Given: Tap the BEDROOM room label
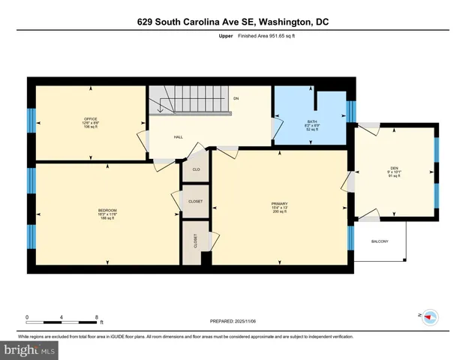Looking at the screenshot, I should pyautogui.click(x=107, y=210).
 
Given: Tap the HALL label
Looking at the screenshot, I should pyautogui.click(x=179, y=137).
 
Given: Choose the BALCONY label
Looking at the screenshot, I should pyautogui.click(x=380, y=241).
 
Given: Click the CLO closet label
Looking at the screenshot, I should pyautogui.click(x=196, y=169).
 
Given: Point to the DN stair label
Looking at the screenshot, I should pyautogui.click(x=236, y=98).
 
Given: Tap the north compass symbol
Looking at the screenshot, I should pyautogui.click(x=431, y=317).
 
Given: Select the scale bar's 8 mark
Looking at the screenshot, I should pyautogui.click(x=98, y=316).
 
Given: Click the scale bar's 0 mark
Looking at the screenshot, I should pyautogui.click(x=27, y=316).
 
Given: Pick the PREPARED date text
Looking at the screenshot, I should pyautogui.click(x=233, y=321).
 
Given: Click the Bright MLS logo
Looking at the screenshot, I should pyautogui.click(x=29, y=350).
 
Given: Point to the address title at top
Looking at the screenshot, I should pyautogui.click(x=233, y=22).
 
